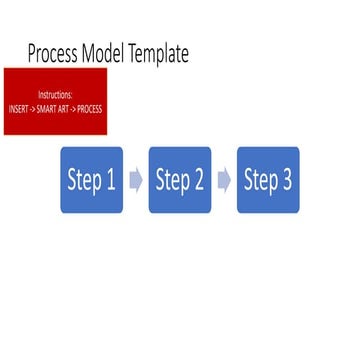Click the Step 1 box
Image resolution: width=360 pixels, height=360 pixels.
tap(91, 180)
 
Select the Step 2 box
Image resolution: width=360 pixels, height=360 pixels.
tap(180, 180)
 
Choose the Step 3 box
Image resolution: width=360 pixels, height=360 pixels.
tap(268, 180)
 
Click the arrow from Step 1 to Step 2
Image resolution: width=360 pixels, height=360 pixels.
tap(136, 180)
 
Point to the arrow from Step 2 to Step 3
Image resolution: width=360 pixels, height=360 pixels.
tap(224, 180)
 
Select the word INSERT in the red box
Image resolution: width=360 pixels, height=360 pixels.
tap(19, 108)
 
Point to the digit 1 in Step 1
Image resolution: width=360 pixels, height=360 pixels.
tap(110, 181)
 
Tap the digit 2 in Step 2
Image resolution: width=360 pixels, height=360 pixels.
tap(198, 181)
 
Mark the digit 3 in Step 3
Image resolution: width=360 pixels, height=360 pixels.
tap(287, 181)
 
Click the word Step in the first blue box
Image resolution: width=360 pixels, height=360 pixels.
tap(83, 181)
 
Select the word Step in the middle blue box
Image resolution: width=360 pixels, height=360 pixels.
tap(172, 181)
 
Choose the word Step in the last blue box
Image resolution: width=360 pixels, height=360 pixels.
tap(260, 181)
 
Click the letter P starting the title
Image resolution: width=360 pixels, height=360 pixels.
tap(33, 53)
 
